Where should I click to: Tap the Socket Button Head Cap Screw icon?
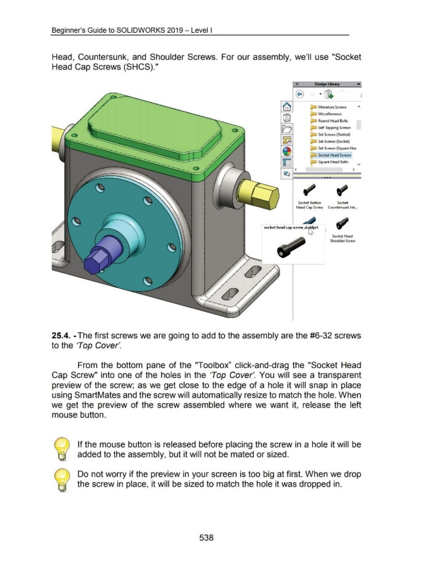pyautogui.click(x=310, y=189)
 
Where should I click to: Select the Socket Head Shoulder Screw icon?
pyautogui.click(x=344, y=223)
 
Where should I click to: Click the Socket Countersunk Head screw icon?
pyautogui.click(x=344, y=189)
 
